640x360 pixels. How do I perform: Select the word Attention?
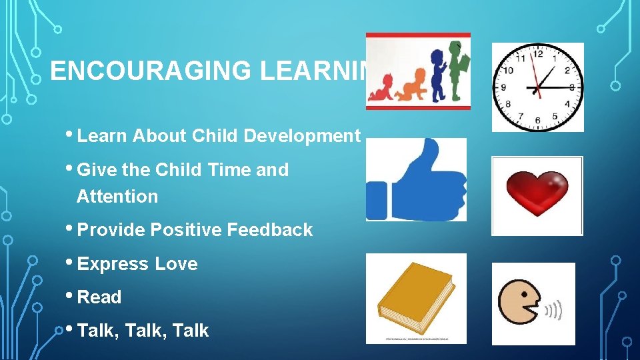coord(117,197)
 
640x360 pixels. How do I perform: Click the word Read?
coord(99,297)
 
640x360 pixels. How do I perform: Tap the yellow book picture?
coord(416,297)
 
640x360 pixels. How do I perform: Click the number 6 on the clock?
coord(537,121)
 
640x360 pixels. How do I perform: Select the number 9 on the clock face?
coord(503,87)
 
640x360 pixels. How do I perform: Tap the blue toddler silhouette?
coord(438,75)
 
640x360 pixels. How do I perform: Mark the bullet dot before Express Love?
coord(71,262)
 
